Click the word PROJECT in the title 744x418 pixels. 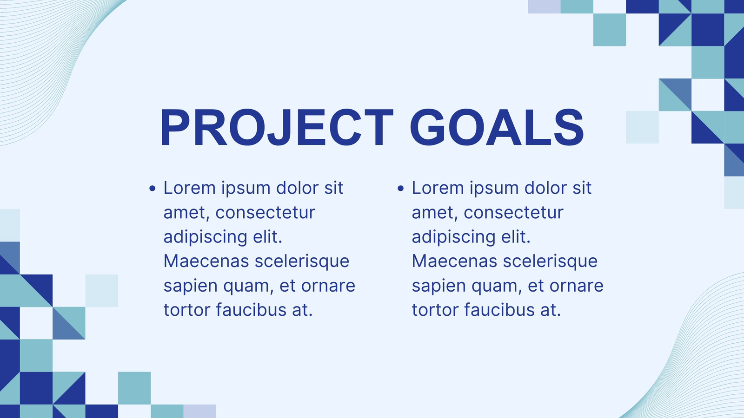click(277, 127)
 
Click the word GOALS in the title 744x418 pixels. click(497, 127)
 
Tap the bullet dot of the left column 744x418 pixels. click(153, 189)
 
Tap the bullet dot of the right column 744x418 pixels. click(400, 189)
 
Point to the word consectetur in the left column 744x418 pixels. click(265, 213)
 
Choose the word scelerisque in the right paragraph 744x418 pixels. click(550, 262)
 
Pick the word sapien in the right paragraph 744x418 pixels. click(439, 287)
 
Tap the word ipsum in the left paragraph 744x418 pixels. click(246, 189)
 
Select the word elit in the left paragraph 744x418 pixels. click(267, 237)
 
